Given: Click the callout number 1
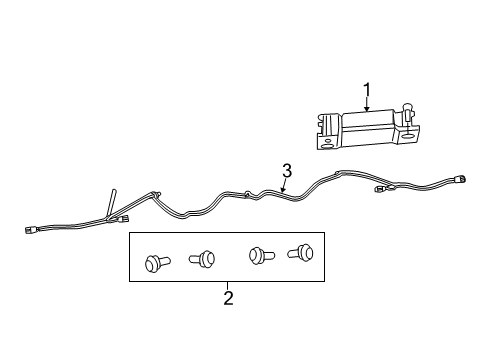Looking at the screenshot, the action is (366, 92).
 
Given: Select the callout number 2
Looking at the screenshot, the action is (228, 298).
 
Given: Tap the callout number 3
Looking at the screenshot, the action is (286, 170).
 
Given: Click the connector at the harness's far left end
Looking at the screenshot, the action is (27, 231).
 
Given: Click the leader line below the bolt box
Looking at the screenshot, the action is (228, 284).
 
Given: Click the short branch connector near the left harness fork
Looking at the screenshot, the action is (121, 219).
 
